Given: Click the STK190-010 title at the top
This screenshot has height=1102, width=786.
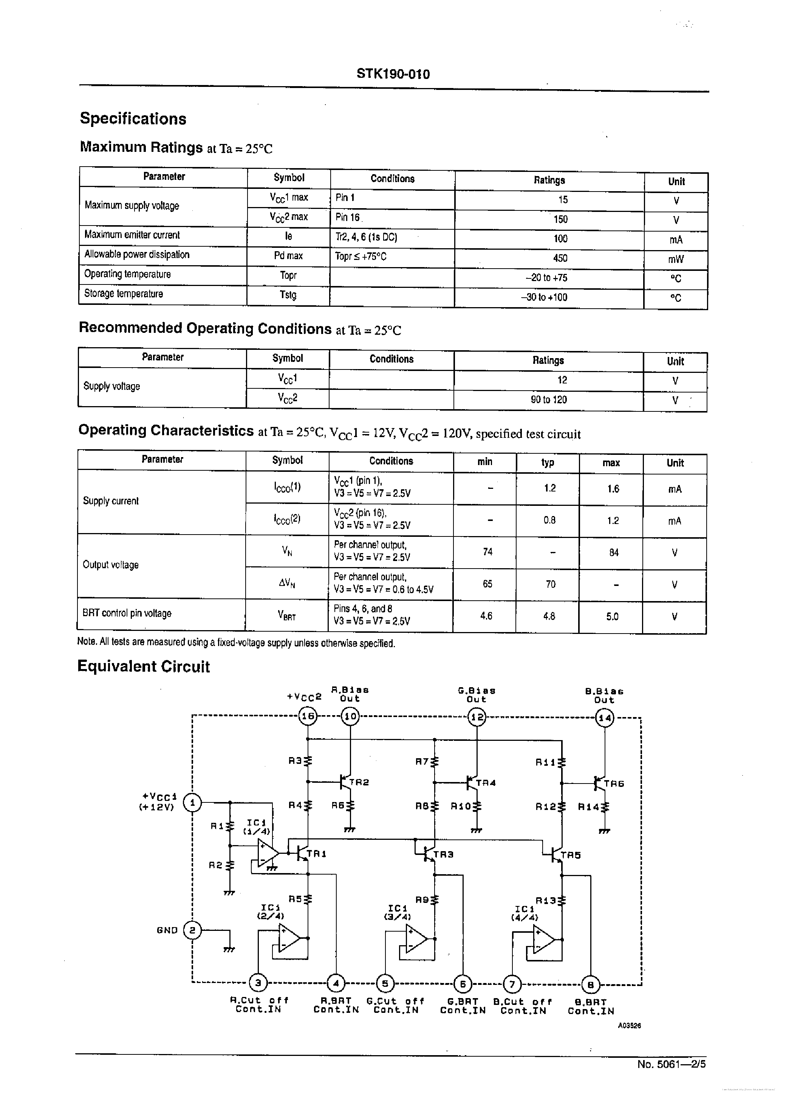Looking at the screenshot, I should (393, 74).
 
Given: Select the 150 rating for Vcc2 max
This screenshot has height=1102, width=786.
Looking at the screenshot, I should (560, 219).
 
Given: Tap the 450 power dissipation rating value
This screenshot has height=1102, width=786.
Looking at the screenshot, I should (560, 258).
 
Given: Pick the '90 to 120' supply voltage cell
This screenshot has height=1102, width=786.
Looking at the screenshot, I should (548, 400).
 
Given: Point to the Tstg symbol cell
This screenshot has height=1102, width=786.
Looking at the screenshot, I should (288, 294).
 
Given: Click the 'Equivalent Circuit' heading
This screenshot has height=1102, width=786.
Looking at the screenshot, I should (144, 667).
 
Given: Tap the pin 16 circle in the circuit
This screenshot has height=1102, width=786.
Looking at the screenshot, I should (308, 716).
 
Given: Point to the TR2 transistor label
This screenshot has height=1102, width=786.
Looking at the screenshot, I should (359, 782).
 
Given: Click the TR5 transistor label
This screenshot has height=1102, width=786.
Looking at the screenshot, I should (571, 855).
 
